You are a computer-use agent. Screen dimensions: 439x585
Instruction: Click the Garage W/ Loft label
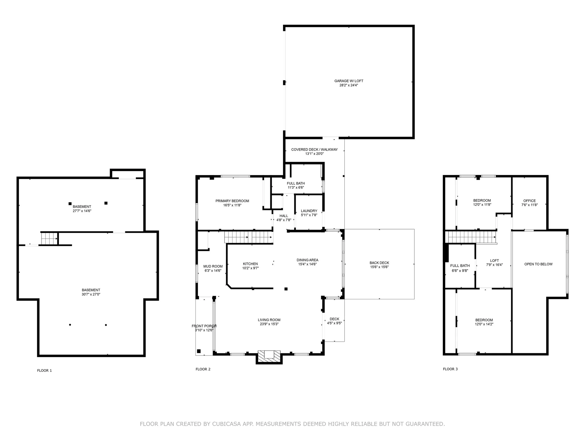tap(349, 81)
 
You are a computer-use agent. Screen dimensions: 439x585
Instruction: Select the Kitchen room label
tap(250, 264)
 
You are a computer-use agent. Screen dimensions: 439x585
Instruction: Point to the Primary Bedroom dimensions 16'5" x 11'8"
tap(232, 205)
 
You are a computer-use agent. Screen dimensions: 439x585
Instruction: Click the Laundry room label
tap(309, 211)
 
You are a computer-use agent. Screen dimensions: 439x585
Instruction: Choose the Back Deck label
tap(379, 263)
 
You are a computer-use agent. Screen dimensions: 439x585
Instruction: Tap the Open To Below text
tap(538, 264)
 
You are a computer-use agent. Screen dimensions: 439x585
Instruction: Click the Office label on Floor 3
tap(530, 201)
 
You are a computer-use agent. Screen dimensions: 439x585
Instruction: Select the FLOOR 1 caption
tap(44, 371)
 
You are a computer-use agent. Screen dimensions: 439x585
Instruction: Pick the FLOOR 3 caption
tap(450, 369)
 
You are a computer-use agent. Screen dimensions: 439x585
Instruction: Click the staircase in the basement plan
tap(49, 238)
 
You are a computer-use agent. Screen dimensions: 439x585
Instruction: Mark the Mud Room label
tap(213, 266)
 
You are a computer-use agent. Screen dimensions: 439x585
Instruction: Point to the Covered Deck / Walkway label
tap(314, 150)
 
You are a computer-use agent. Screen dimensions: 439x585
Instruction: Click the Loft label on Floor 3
tap(495, 261)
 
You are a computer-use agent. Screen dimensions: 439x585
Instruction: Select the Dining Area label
tap(307, 260)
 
